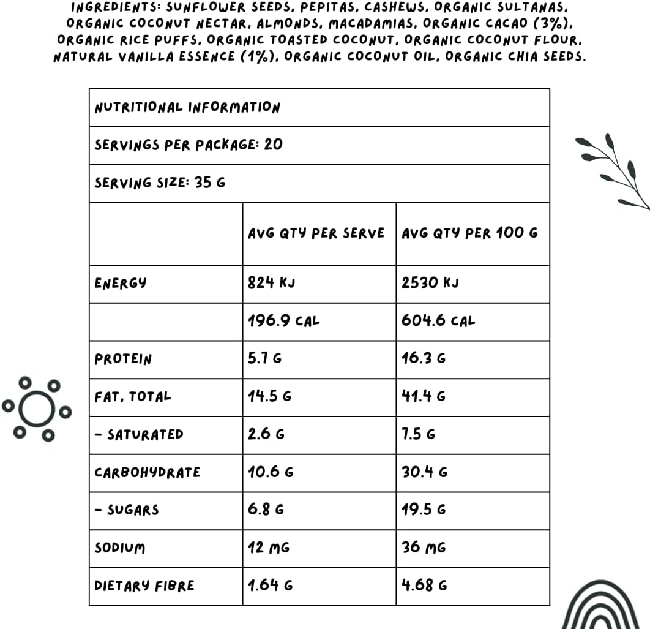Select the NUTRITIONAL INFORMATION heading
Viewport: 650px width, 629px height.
click(x=187, y=108)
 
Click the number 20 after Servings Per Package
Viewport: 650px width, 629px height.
click(x=274, y=145)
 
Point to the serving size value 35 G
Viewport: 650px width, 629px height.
click(x=210, y=183)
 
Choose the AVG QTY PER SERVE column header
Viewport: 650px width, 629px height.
click(x=316, y=233)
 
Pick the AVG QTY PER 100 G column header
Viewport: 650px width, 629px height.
click(x=469, y=233)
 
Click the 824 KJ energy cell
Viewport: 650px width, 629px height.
click(x=272, y=283)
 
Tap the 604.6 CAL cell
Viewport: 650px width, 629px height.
click(x=438, y=320)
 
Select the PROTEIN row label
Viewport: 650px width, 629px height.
click(x=122, y=359)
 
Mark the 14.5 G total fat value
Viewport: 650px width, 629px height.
click(x=269, y=396)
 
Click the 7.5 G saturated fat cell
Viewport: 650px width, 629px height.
click(x=418, y=434)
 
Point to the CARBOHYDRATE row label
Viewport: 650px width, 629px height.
click(x=147, y=472)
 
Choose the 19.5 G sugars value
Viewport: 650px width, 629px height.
click(x=424, y=510)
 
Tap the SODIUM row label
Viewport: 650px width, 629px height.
click(x=120, y=548)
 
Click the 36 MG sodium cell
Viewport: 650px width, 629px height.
click(x=423, y=548)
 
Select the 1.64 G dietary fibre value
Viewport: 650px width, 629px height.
click(x=270, y=586)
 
